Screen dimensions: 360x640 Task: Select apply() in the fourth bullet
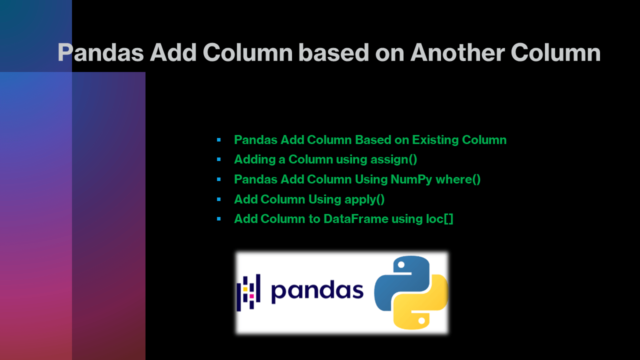364,199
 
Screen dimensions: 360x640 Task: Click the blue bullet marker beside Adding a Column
219,159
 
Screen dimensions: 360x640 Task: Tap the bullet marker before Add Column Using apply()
219,199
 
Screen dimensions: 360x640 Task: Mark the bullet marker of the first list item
219,140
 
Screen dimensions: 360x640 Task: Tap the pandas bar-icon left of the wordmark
248,293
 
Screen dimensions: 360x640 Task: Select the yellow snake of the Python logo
425,307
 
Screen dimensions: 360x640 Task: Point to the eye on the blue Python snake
399,265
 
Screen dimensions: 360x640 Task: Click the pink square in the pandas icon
251,296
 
